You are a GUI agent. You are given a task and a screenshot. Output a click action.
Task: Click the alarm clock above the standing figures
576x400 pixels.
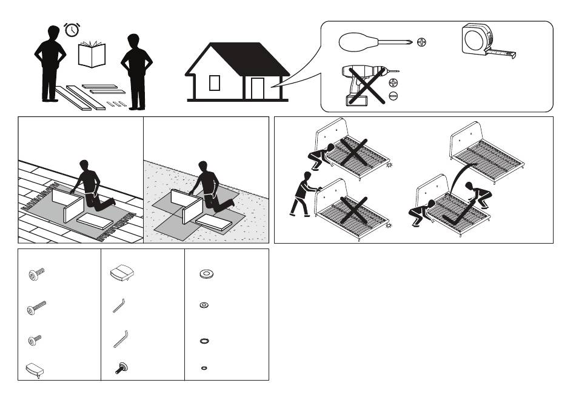click(72, 30)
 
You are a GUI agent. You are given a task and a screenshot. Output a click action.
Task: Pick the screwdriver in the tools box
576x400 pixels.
click(376, 42)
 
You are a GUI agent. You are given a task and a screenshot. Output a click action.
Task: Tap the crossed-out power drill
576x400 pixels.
click(364, 86)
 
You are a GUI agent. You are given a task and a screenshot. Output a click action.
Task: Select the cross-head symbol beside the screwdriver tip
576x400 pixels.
click(422, 42)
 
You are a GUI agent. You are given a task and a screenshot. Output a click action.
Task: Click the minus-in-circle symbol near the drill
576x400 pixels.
click(393, 96)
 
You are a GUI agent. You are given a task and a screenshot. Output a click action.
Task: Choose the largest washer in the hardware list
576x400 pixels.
click(206, 275)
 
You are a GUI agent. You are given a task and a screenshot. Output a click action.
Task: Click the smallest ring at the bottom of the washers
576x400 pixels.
click(204, 368)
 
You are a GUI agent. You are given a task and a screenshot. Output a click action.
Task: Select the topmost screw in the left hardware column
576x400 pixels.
click(35, 275)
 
